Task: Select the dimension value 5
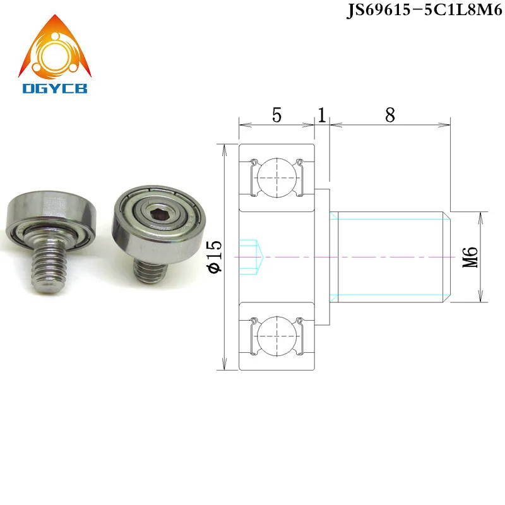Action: tap(276, 116)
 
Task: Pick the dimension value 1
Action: tap(321, 116)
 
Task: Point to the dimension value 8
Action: tap(389, 116)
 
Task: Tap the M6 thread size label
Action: tap(470, 257)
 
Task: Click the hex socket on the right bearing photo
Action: tap(153, 218)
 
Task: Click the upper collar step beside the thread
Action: tap(322, 199)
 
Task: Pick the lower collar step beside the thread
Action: tap(322, 314)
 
